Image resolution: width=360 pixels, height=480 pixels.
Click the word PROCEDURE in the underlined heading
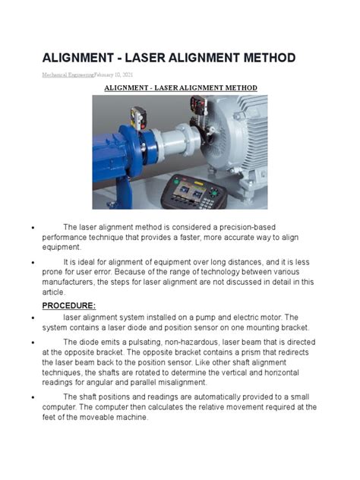(68, 305)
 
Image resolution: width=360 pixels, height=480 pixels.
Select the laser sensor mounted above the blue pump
(139, 120)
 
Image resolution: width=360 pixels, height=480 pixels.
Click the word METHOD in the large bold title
(251, 58)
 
